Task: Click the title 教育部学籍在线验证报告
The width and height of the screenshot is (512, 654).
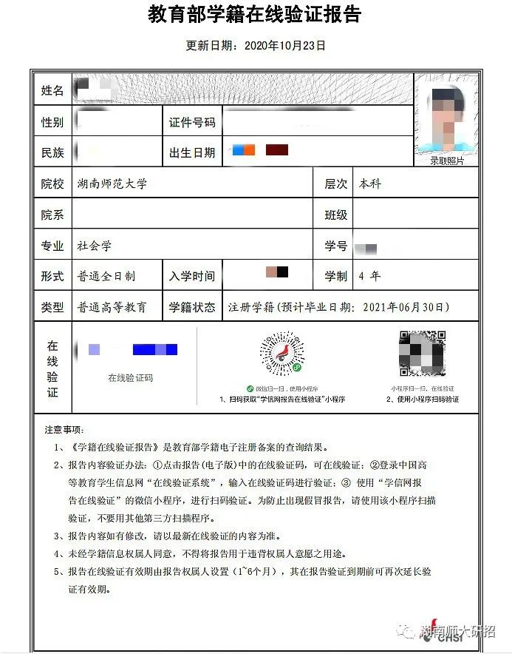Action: point(255,15)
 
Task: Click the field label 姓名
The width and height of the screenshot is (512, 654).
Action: point(52,90)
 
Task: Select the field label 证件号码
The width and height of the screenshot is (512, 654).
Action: point(192,122)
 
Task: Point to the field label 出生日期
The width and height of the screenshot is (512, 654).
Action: point(192,152)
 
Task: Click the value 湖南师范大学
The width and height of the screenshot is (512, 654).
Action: point(112,183)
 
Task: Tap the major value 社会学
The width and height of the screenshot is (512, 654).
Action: point(94,246)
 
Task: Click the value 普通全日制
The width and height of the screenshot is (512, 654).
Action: point(106,276)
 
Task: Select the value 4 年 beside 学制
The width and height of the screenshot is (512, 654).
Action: point(369,276)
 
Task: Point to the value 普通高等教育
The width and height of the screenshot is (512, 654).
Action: point(112,307)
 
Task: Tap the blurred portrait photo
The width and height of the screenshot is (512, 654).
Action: point(447,117)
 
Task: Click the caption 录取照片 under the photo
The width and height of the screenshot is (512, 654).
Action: point(447,160)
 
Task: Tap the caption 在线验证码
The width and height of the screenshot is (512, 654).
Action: point(131,377)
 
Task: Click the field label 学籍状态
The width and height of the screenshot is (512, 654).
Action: point(192,307)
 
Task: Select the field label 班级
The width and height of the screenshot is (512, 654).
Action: point(336,215)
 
